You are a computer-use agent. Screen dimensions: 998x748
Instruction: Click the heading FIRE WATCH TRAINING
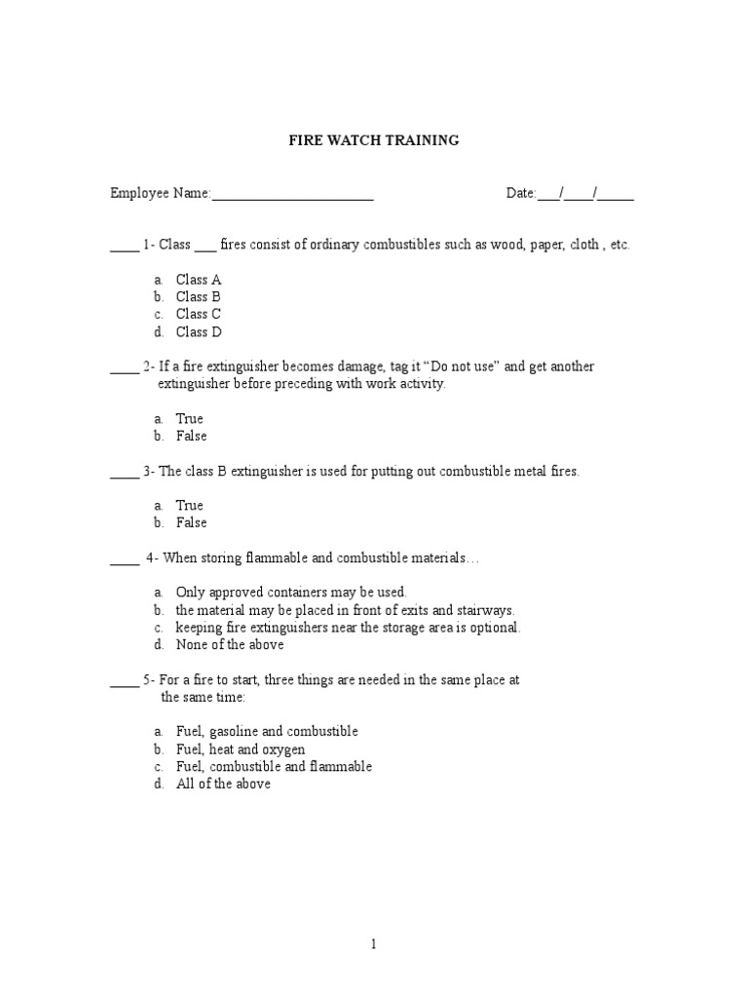click(373, 140)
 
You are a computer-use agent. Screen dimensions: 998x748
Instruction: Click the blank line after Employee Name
click(293, 195)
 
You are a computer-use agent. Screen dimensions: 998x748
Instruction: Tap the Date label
click(520, 194)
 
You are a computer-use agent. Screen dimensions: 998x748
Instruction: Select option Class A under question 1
click(199, 280)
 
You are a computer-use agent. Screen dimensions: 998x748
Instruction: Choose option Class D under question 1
click(199, 332)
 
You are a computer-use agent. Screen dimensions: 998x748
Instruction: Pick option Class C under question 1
click(199, 315)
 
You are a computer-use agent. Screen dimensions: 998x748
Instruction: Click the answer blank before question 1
click(124, 247)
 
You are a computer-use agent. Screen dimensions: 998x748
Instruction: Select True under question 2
click(189, 419)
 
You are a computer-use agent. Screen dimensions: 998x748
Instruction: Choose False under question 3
click(191, 523)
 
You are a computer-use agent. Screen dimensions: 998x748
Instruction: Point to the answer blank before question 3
click(124, 474)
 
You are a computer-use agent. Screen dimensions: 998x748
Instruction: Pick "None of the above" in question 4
click(230, 645)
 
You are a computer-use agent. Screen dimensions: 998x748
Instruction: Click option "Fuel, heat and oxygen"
click(241, 749)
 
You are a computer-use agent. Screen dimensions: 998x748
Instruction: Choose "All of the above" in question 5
click(223, 785)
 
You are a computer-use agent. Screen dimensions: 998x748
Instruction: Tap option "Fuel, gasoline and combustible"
click(267, 732)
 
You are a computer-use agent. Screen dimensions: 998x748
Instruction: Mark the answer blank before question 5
click(124, 682)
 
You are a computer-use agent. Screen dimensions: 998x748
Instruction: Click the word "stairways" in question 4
click(484, 610)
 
